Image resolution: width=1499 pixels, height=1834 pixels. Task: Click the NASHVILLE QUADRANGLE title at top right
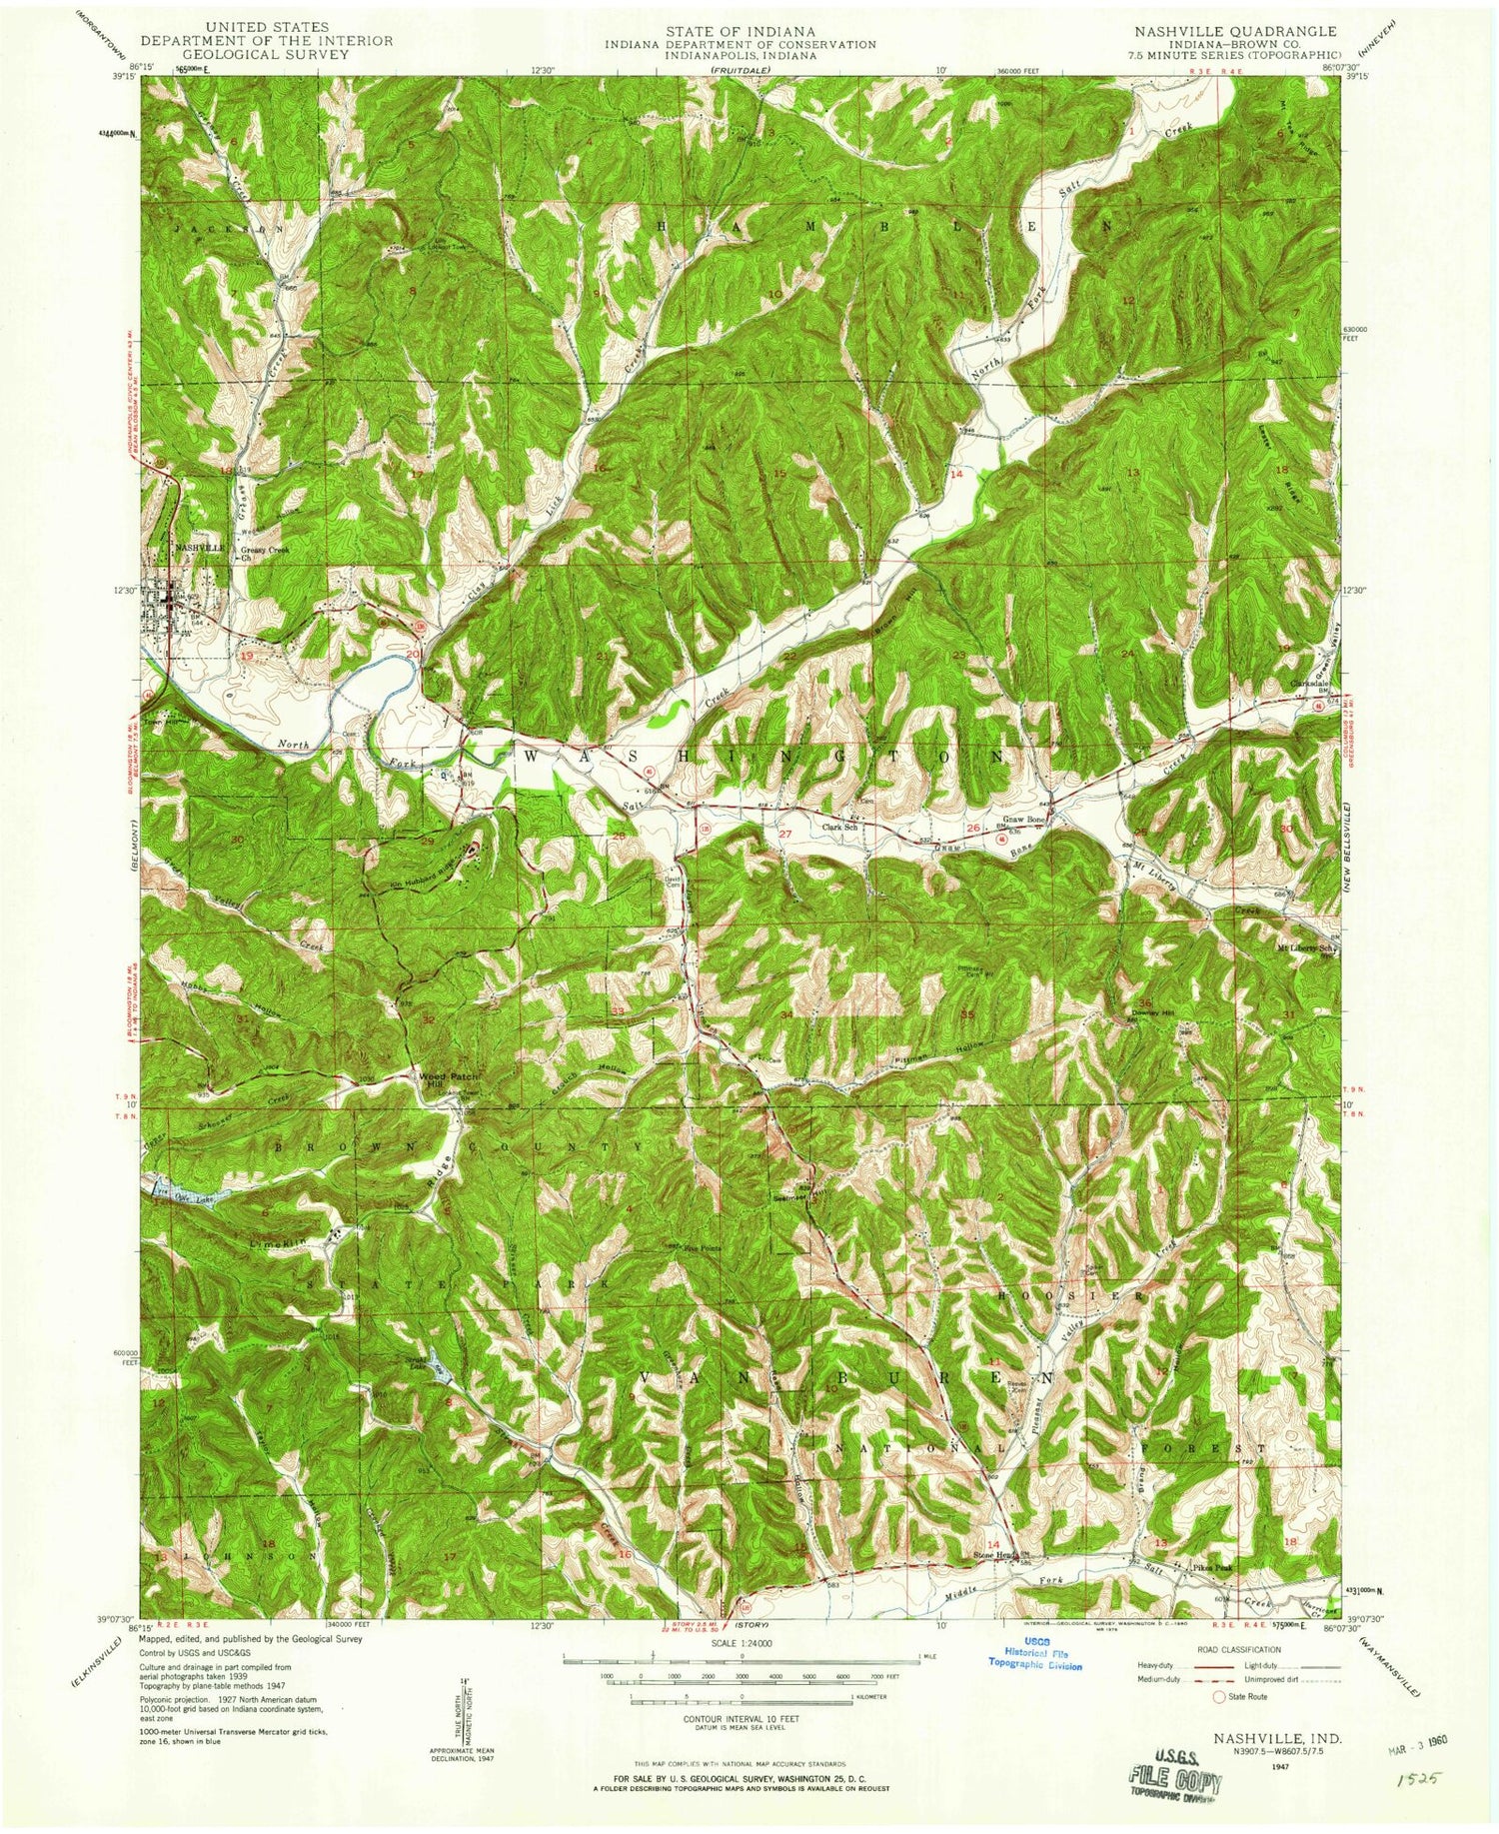tap(1234, 31)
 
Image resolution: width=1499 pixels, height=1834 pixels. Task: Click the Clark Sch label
tap(841, 827)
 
